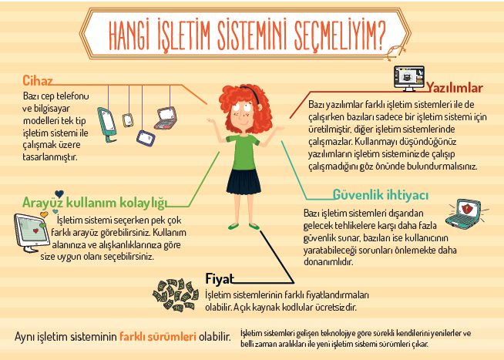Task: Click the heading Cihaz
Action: (37, 80)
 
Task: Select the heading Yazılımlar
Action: (455, 88)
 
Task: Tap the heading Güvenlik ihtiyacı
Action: (381, 195)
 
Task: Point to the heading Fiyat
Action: (220, 279)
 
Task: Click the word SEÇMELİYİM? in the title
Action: (340, 35)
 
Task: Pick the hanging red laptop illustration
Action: (166, 118)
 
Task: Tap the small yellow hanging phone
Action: (128, 120)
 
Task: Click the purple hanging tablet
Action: (146, 138)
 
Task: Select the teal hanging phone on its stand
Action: (107, 125)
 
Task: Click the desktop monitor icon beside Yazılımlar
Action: (409, 79)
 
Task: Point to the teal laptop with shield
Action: (463, 214)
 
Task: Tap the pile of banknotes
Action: (176, 295)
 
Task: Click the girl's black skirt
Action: (244, 182)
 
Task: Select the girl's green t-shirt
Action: (243, 152)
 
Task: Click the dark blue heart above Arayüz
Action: (59, 193)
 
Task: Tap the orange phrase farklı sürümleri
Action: (158, 337)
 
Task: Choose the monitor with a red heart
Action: (32, 233)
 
